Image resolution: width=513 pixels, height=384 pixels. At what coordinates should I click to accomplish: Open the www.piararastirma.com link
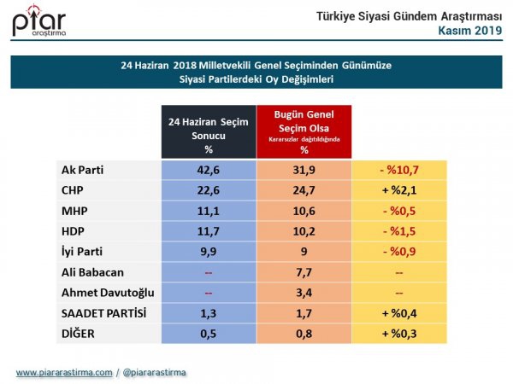pos(64,373)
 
